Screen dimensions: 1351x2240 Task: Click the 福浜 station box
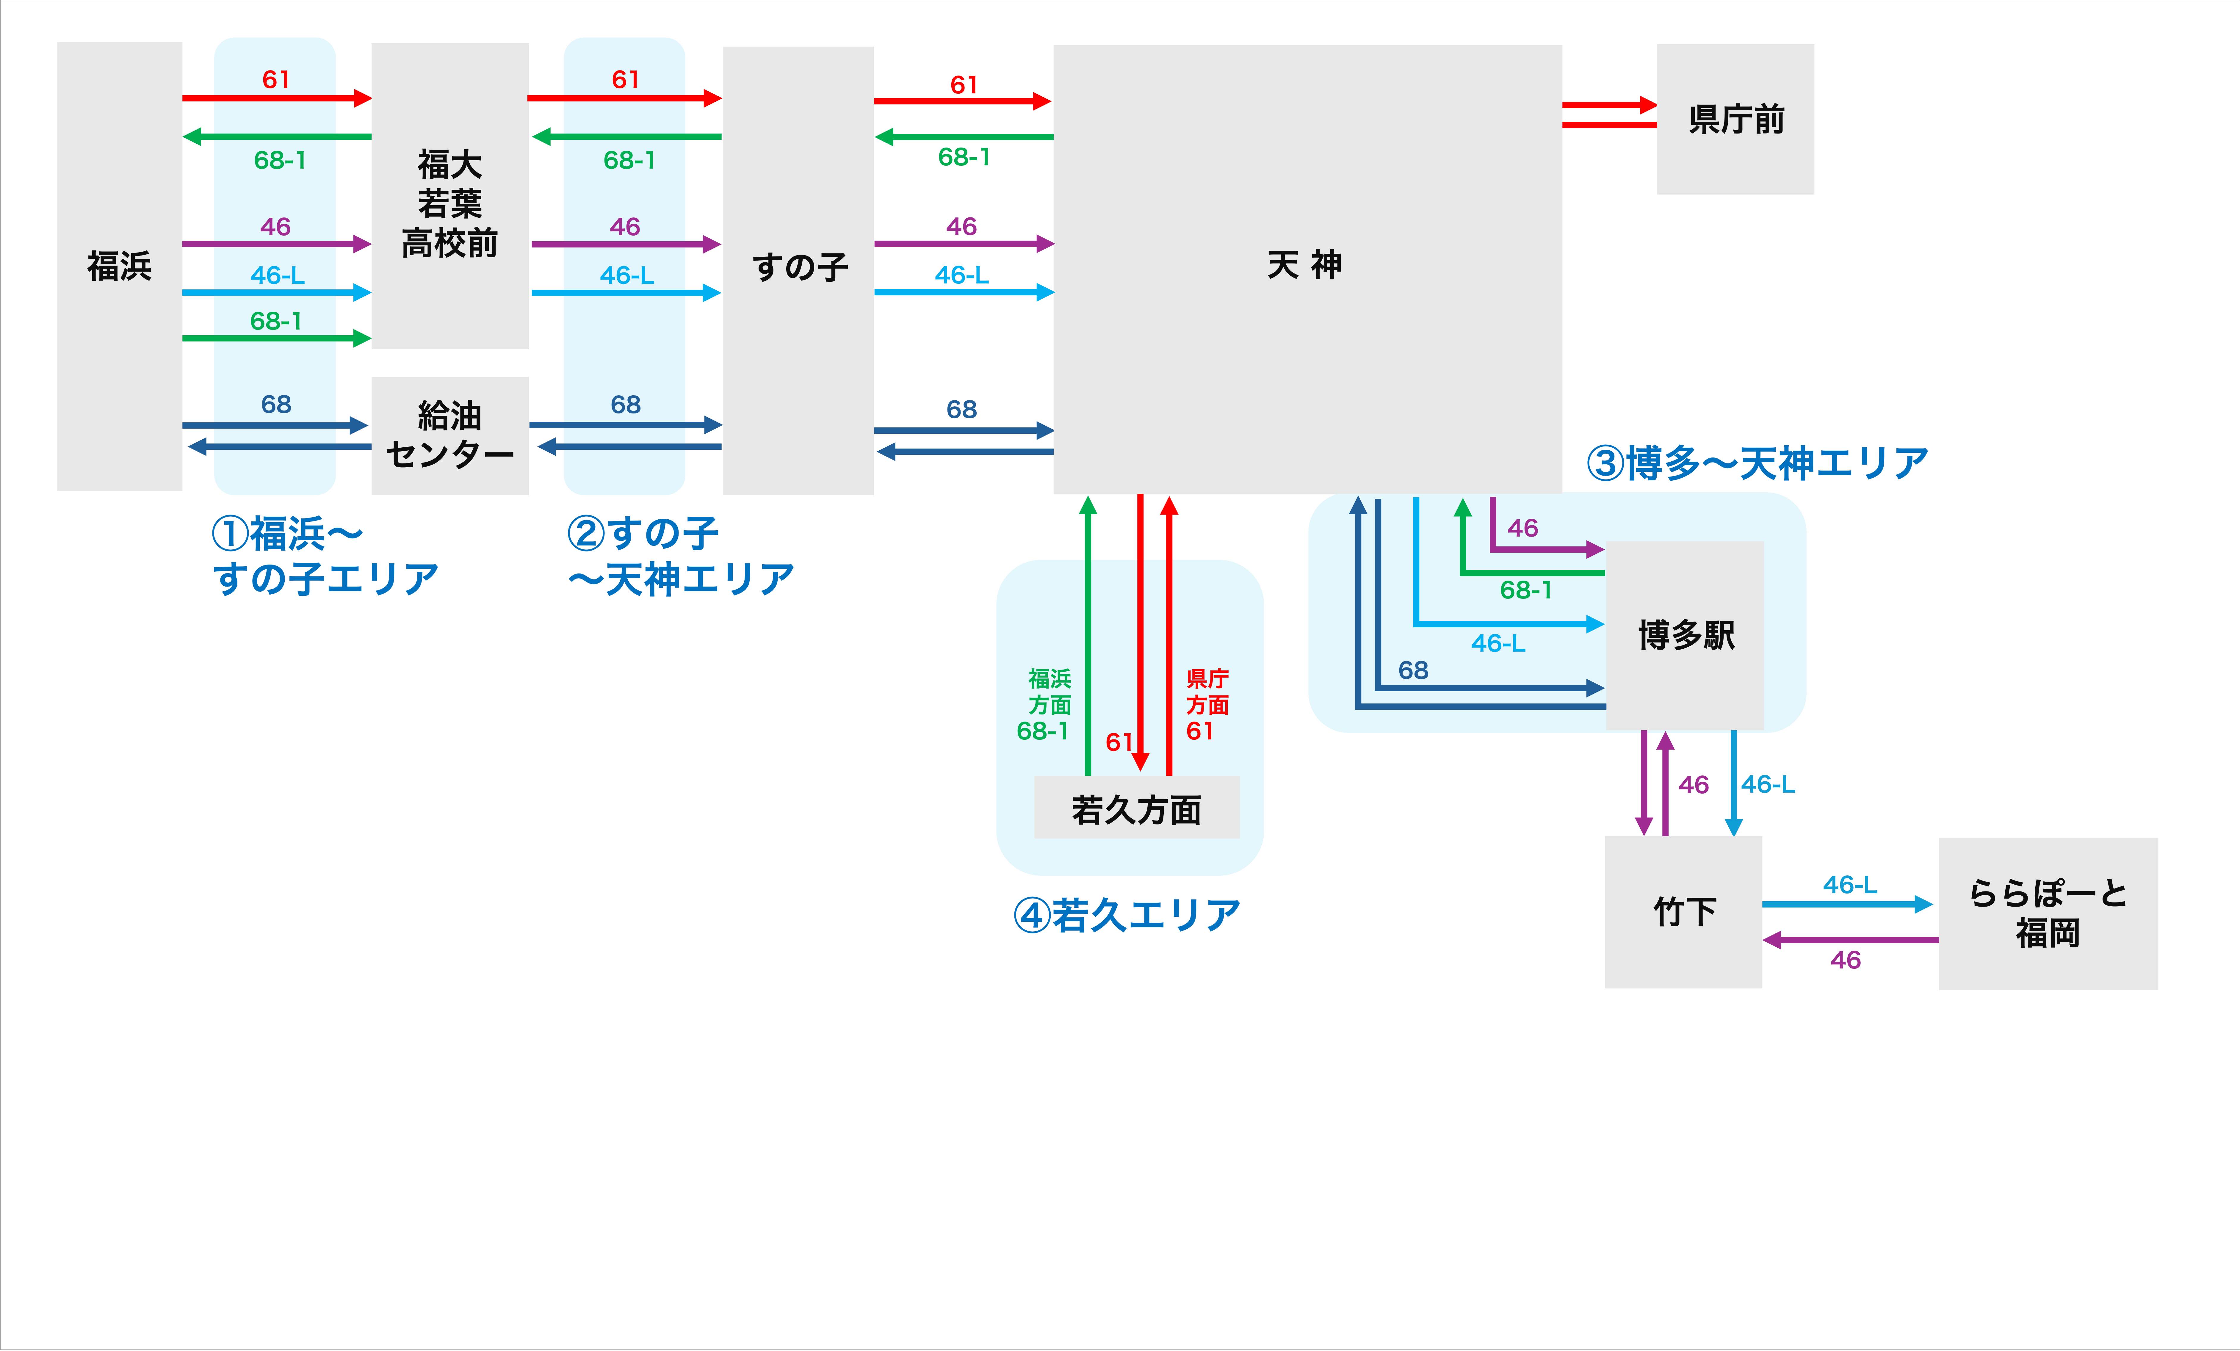[119, 267]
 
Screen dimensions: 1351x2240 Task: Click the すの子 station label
[799, 267]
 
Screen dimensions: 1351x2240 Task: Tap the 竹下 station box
[1684, 912]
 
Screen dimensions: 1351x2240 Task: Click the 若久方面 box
[1136, 808]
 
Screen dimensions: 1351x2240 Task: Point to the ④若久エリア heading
[1127, 915]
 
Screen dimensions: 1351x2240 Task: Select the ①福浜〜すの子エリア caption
[325, 556]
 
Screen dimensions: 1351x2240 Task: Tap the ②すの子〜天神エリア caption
[680, 556]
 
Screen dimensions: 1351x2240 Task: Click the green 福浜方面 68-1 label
[1045, 705]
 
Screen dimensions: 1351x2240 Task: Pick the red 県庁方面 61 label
[1206, 705]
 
